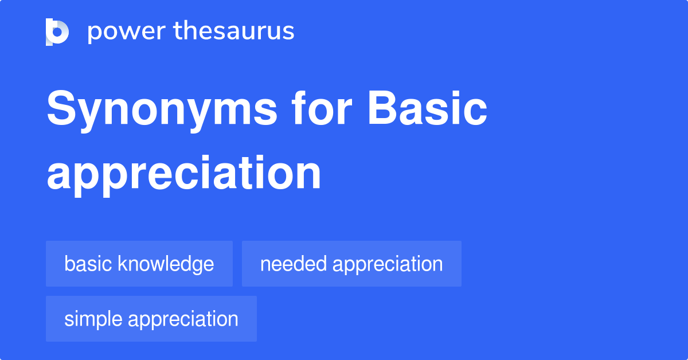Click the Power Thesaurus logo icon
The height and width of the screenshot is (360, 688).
(x=57, y=32)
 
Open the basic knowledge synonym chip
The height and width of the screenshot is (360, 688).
(x=139, y=264)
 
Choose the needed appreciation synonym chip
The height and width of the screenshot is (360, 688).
(x=351, y=264)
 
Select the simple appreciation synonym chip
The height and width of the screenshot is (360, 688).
(x=151, y=319)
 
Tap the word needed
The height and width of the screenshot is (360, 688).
(x=293, y=264)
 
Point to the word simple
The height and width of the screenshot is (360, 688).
(x=93, y=319)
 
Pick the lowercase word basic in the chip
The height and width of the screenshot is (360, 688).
(x=88, y=264)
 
